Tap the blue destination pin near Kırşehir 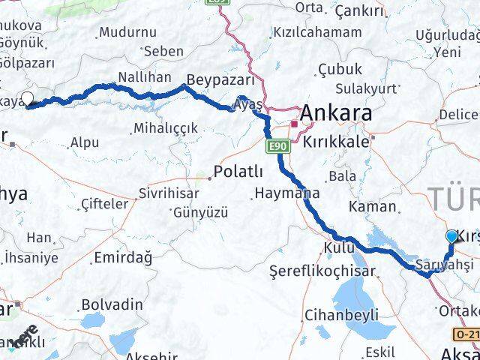click(451, 237)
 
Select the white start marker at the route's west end click(28, 97)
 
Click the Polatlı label click(238, 172)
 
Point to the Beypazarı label click(220, 80)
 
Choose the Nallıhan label click(145, 77)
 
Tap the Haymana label click(286, 193)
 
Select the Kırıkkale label click(335, 140)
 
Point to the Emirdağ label click(123, 258)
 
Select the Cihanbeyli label click(341, 315)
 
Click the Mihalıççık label click(166, 129)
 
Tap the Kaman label click(377, 206)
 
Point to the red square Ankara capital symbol click(295, 124)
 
